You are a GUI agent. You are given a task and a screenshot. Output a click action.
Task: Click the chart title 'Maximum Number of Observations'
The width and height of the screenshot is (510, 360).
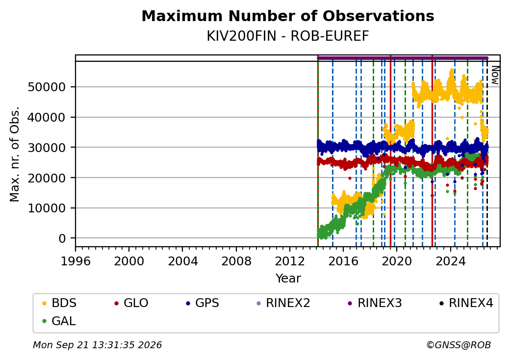click(x=288, y=16)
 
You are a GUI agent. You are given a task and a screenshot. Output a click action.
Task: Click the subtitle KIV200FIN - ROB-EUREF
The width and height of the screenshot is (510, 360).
click(x=288, y=36)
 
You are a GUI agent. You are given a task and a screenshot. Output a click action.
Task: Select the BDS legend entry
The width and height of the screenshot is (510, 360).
click(x=59, y=303)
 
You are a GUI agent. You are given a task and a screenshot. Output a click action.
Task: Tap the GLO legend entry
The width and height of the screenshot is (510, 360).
click(x=131, y=303)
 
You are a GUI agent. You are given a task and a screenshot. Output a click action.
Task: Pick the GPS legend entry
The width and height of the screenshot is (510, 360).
click(x=203, y=303)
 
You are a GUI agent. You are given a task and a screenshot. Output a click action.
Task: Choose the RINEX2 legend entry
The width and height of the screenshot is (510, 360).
click(x=283, y=303)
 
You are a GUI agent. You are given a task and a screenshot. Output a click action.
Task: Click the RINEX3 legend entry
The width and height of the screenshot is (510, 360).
click(x=375, y=303)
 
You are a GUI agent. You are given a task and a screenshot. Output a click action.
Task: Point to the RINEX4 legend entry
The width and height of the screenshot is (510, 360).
click(x=466, y=303)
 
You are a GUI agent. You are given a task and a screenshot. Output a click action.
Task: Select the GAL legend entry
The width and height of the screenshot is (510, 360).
click(x=59, y=321)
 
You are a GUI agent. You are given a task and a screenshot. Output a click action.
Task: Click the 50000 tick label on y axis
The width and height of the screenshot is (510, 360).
click(x=47, y=87)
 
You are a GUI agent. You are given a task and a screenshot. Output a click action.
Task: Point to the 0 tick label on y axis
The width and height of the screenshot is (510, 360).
click(x=62, y=238)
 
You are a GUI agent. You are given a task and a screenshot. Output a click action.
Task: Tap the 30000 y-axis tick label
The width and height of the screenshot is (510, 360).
click(x=47, y=148)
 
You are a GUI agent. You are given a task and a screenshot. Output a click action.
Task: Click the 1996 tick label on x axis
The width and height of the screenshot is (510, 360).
click(x=76, y=261)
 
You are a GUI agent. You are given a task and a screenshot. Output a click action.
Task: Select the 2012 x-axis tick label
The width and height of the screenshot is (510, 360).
click(x=290, y=261)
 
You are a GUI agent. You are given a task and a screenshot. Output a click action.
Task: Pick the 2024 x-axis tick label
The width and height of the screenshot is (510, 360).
click(x=451, y=261)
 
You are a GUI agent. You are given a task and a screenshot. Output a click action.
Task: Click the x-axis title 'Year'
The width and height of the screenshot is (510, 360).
click(x=288, y=279)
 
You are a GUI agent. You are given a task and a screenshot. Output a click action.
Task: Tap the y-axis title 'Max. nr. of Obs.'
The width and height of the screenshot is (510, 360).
click(x=15, y=154)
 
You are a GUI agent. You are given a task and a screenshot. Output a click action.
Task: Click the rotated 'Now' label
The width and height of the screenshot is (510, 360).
click(x=495, y=75)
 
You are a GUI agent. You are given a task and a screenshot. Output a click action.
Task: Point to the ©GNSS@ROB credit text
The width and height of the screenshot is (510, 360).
click(x=459, y=345)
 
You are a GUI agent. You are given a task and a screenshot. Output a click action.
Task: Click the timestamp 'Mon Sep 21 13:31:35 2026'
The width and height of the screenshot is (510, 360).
click(x=97, y=345)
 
